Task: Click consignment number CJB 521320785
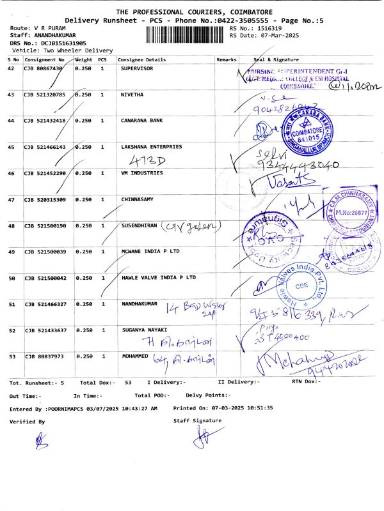45,95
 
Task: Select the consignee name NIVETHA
132,95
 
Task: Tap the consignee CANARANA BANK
141,120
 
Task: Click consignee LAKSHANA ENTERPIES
151,146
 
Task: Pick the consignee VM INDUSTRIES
141,173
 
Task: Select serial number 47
11,200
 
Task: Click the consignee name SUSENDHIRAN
140,226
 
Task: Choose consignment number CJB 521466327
45,305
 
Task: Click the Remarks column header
227,60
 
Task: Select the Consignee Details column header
143,60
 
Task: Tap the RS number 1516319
268,29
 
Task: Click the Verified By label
27,422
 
